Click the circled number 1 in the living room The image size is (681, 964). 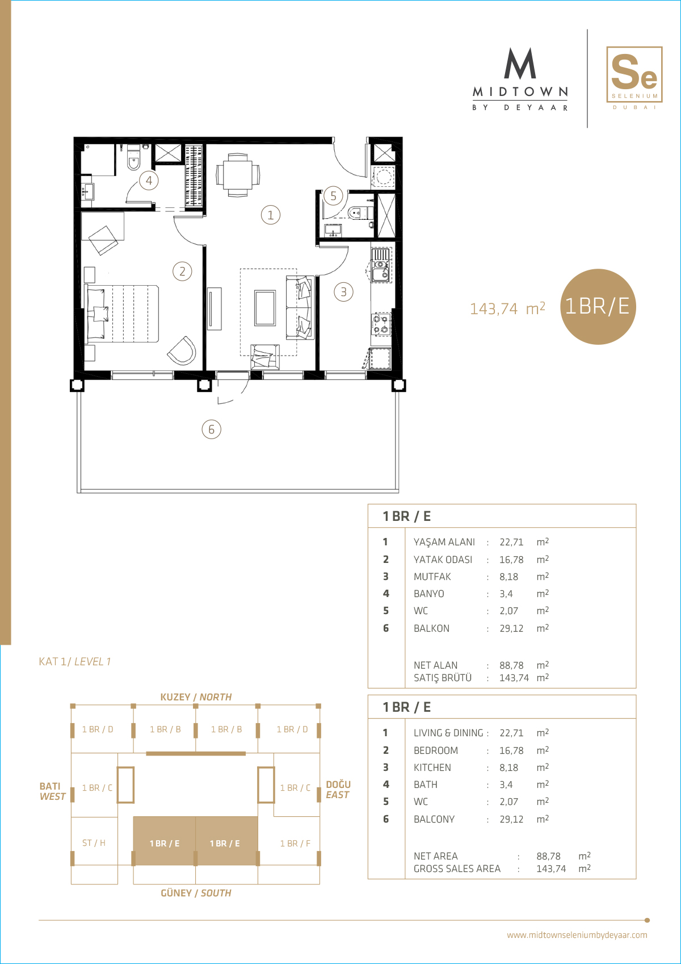point(271,215)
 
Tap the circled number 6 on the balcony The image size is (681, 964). point(212,429)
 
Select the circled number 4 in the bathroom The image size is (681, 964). point(149,180)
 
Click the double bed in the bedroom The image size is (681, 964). point(123,314)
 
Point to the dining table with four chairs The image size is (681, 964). point(238,175)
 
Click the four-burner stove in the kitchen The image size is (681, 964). point(381,324)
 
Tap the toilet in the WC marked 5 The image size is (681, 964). point(360,212)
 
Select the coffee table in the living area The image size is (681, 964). point(265,308)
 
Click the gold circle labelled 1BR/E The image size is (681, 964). point(598,306)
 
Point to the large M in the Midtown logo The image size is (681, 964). point(520,63)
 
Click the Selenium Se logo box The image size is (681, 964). point(634,74)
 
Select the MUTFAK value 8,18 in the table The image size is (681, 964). point(508,577)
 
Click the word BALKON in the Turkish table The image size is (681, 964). point(431,628)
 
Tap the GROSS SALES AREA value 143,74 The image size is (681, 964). point(551,869)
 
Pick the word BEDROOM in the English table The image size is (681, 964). point(435,750)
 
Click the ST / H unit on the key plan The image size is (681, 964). point(94,842)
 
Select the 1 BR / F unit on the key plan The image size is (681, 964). point(295,843)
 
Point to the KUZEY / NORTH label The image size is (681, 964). point(196,697)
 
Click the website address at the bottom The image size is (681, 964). point(577,934)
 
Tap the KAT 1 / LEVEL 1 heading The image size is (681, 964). point(75,661)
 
